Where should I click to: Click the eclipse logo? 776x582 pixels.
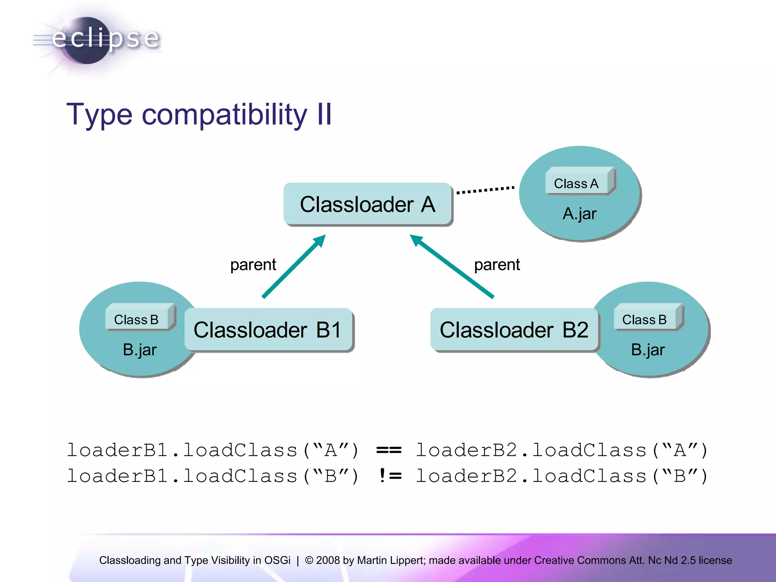pos(97,40)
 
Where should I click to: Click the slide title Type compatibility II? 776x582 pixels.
pos(199,114)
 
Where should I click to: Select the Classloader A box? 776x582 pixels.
pos(368,204)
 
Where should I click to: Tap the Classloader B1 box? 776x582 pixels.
pos(268,330)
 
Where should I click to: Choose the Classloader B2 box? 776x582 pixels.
pos(514,330)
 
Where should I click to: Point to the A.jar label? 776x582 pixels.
pos(579,214)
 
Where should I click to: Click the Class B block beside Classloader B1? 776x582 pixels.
pos(137,319)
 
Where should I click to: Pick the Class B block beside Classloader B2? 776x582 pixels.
pos(645,319)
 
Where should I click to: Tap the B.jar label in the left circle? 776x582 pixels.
pos(139,350)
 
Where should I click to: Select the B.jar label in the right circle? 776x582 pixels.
pos(648,350)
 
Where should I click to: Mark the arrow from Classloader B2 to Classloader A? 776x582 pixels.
pos(452,266)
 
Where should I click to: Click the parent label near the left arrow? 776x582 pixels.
pos(253,264)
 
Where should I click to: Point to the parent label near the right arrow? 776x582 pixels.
pos(497,264)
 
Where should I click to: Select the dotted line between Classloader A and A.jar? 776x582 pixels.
pos(485,189)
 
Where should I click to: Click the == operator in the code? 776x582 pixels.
pos(389,450)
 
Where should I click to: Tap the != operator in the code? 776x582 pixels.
pos(390,476)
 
